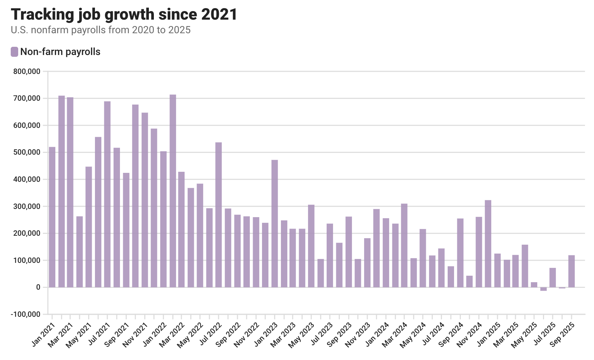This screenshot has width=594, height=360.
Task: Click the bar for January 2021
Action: pos(52,217)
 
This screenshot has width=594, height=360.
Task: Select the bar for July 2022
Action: pos(218,215)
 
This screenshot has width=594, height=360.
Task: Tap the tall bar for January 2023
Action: pos(275,224)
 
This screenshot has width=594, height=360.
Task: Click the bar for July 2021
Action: pos(107,194)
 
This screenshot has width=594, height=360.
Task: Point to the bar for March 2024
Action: pos(404,245)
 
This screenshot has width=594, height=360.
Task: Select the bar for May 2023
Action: pos(311,246)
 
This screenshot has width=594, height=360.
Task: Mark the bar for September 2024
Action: pos(460,253)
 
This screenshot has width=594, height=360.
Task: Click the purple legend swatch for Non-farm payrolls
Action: pos(14,52)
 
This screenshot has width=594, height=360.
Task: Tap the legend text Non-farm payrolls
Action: pos(60,52)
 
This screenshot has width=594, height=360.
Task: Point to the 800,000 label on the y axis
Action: pos(27,71)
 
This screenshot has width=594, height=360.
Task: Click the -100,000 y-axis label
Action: pos(25,314)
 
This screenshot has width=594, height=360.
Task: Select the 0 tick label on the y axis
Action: pos(39,287)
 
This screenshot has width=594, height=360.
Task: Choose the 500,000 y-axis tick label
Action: pos(27,152)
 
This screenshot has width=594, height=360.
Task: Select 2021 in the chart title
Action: pos(219,14)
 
